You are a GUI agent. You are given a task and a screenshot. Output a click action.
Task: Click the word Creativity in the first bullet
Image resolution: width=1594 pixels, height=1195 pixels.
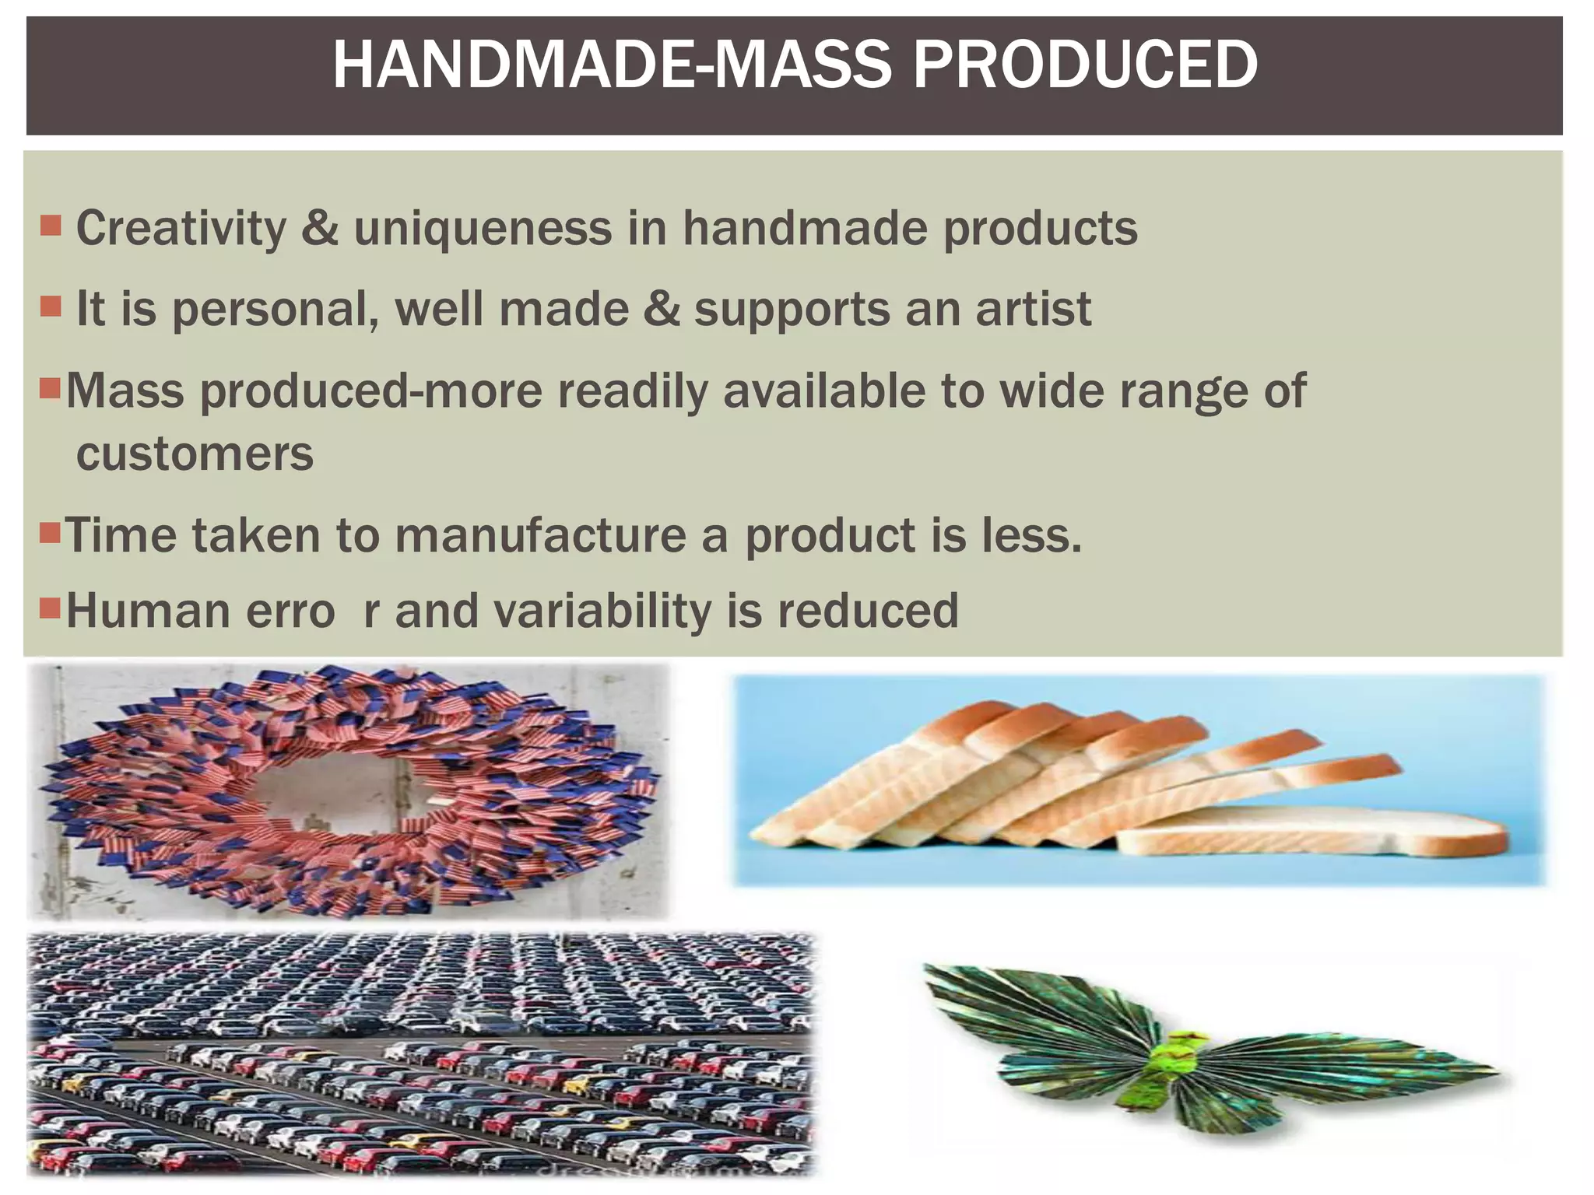tap(181, 229)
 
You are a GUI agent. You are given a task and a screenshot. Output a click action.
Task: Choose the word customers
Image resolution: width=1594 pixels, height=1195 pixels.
tap(195, 454)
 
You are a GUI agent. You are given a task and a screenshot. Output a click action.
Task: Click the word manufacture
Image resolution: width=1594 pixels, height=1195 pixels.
tap(541, 536)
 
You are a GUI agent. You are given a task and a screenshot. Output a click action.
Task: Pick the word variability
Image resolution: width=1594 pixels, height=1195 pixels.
tap(602, 611)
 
